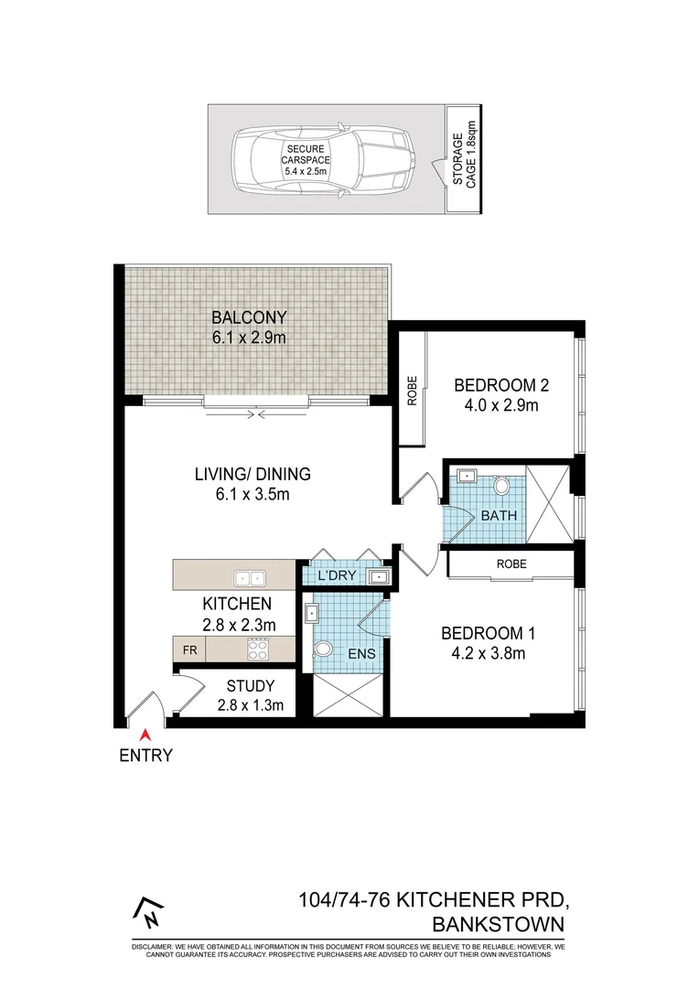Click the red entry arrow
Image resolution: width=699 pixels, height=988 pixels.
pyautogui.click(x=144, y=733)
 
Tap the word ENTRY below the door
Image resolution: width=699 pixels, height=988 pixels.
pyautogui.click(x=145, y=756)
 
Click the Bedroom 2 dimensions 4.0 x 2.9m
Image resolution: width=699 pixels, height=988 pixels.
pyautogui.click(x=497, y=405)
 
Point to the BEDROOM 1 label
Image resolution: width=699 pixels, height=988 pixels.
pyautogui.click(x=488, y=633)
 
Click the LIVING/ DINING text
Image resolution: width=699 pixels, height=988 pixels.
pyautogui.click(x=253, y=474)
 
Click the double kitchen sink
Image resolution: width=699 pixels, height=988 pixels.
pyautogui.click(x=249, y=577)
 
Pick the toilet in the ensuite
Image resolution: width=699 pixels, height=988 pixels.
pyautogui.click(x=322, y=650)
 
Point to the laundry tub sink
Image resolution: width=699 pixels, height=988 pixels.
pyautogui.click(x=378, y=576)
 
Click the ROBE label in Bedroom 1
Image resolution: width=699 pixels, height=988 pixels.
pyautogui.click(x=511, y=564)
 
